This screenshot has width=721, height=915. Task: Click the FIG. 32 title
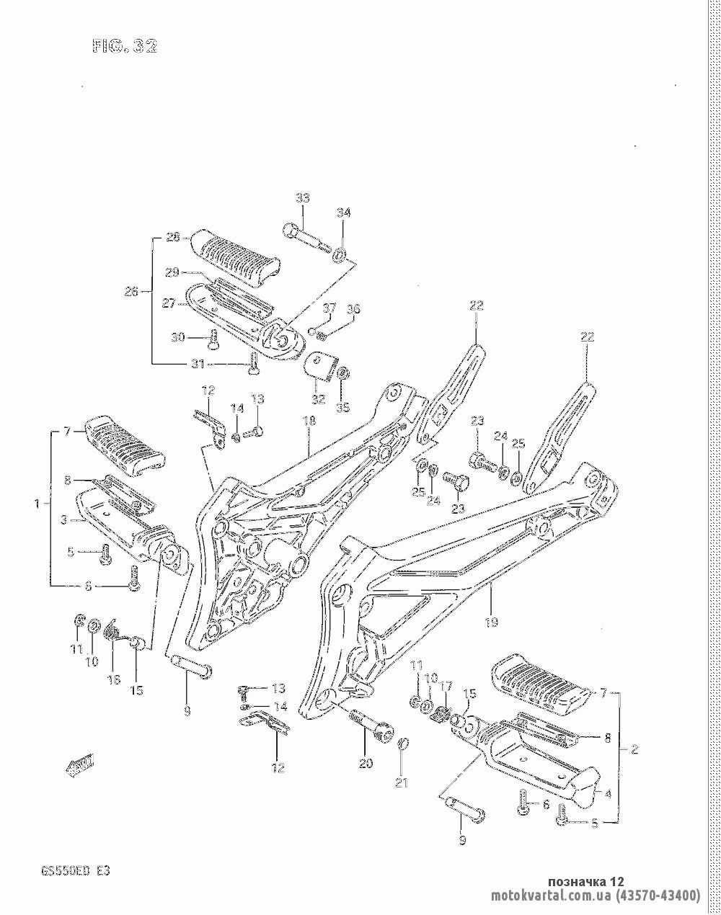click(x=124, y=47)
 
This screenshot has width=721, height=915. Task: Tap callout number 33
click(x=302, y=199)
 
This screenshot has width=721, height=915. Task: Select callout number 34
click(x=344, y=213)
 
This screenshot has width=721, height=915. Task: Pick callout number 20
click(x=366, y=763)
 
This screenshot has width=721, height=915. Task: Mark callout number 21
click(x=401, y=782)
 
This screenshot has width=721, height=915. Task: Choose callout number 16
click(x=114, y=679)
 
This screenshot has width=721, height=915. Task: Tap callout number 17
click(x=446, y=685)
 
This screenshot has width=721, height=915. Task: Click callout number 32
click(x=319, y=398)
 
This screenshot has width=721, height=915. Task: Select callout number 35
click(x=342, y=408)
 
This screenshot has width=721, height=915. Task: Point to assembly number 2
click(x=634, y=749)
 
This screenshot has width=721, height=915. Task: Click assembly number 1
click(x=37, y=504)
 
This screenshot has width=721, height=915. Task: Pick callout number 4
click(x=608, y=795)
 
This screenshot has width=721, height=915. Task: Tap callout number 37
click(x=329, y=308)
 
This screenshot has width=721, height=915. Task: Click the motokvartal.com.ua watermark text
click(x=596, y=896)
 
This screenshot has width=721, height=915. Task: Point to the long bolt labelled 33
click(x=307, y=238)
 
